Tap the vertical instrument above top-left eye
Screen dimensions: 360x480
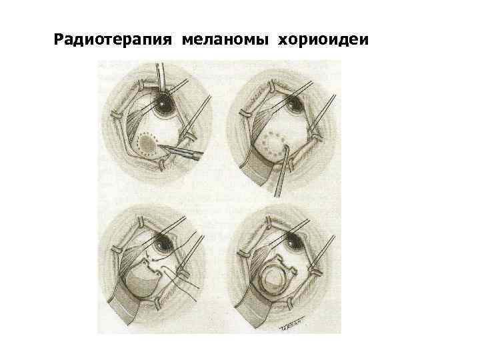[161, 75]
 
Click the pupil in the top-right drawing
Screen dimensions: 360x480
[293, 103]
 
